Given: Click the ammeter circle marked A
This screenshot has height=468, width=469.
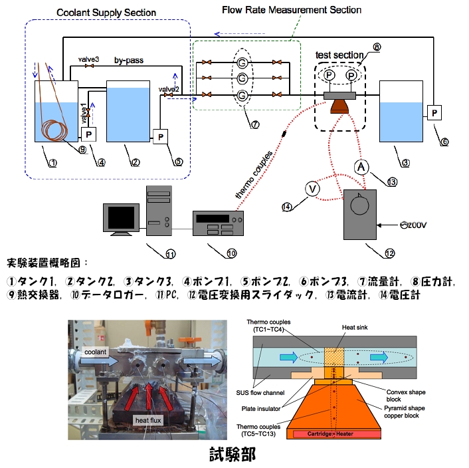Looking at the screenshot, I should pyautogui.click(x=359, y=167).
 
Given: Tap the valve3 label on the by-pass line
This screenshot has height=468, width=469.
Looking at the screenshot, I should pyautogui.click(x=89, y=59).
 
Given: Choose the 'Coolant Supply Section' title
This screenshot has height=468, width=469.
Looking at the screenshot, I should pyautogui.click(x=106, y=13).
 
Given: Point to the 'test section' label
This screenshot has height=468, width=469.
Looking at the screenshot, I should pyautogui.click(x=339, y=54).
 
